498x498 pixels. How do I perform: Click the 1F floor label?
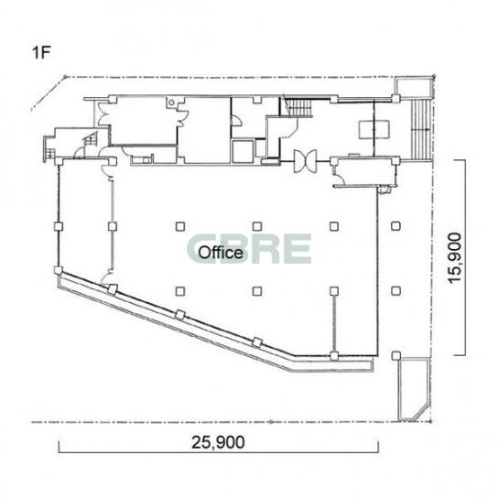point(41,53)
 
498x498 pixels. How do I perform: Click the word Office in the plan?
point(221,253)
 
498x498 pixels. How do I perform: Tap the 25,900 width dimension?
point(218,442)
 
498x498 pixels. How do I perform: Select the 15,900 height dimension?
point(454,258)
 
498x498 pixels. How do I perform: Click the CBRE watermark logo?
point(249,249)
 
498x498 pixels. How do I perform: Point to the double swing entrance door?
point(305,161)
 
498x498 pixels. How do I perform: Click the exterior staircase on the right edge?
point(421,129)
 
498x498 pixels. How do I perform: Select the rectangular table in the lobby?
point(374,129)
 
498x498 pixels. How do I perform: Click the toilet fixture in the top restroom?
point(171,103)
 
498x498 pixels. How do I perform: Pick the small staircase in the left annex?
point(90,139)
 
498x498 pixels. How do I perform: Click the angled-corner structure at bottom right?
point(414,390)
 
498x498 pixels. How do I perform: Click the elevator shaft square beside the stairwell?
point(243,151)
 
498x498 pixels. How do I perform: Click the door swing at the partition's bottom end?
point(107,277)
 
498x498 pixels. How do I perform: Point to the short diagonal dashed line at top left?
point(48,93)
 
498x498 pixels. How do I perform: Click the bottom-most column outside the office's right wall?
point(395,356)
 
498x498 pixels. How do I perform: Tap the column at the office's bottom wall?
point(333,356)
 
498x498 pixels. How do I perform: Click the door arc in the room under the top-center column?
point(237,121)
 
